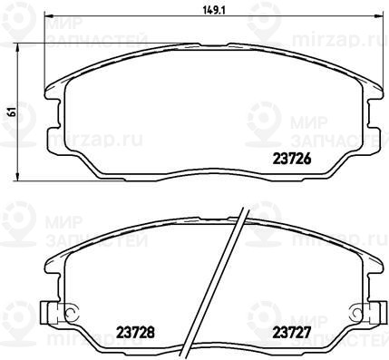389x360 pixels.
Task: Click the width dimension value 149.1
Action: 214,11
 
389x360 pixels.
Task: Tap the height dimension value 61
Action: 13,112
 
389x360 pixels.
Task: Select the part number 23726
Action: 292,159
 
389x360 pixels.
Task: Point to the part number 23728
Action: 135,333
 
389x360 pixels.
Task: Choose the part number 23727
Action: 292,333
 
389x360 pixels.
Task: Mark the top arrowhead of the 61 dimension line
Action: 18,48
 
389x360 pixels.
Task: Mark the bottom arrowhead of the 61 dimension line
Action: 18,176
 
